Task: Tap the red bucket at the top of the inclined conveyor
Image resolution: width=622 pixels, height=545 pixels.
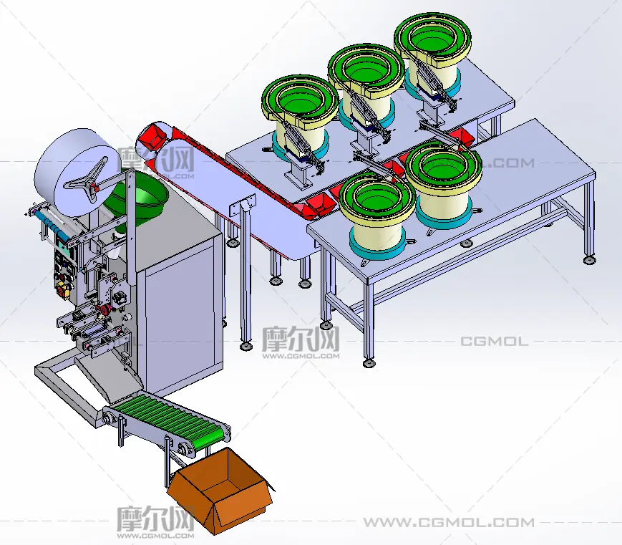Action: coord(152,136)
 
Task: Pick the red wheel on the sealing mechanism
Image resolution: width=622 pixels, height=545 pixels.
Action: coord(106,310)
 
